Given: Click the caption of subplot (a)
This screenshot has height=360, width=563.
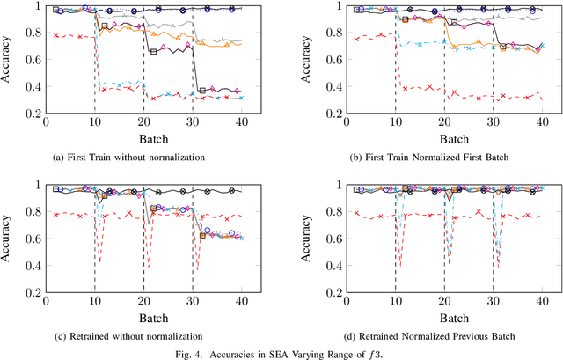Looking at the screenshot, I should click(143, 158).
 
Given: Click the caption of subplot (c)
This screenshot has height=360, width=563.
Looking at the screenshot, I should click(143, 335).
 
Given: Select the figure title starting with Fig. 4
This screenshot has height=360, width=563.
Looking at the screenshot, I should click(281, 353).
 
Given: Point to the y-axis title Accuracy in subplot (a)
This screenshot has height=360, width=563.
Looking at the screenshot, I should click(8, 59).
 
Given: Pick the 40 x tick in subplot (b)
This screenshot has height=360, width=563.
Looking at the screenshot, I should click(542, 124).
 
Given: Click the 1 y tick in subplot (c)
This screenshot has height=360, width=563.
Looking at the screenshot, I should click(37, 184).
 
